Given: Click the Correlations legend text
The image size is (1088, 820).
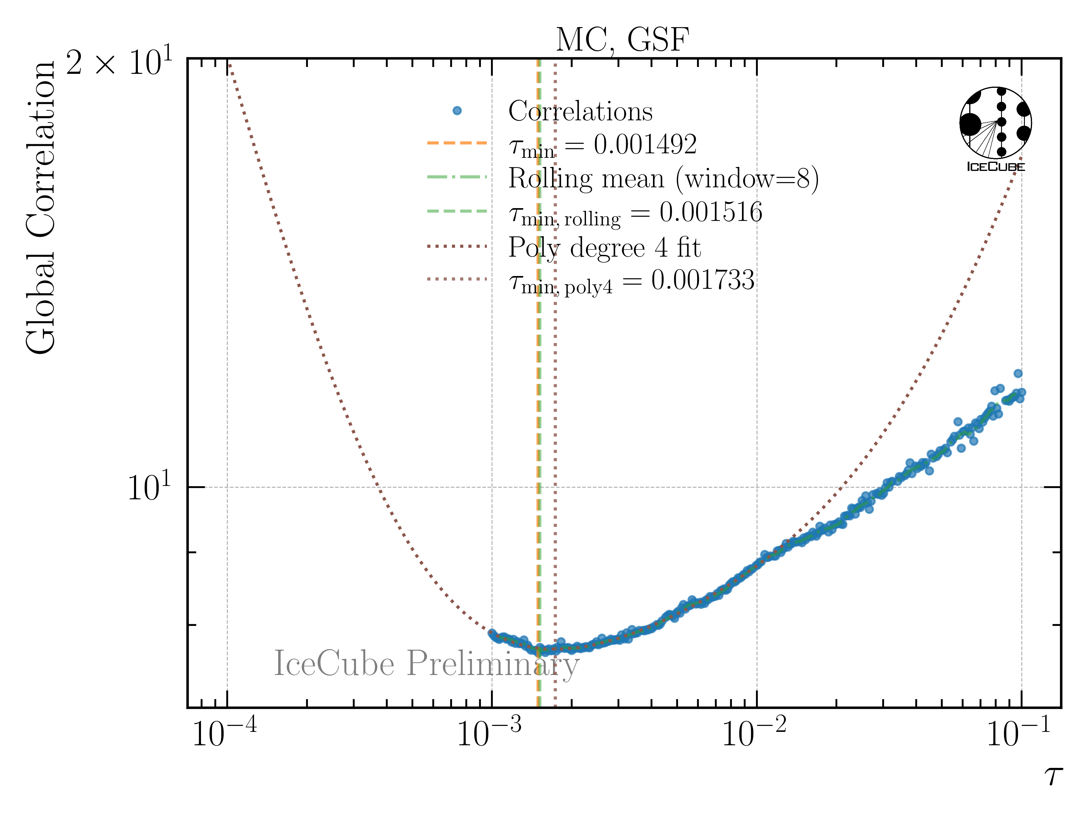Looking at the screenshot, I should coord(580,111).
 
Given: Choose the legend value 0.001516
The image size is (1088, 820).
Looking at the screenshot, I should coord(711,213).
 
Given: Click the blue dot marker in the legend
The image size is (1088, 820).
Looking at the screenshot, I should coord(457,111).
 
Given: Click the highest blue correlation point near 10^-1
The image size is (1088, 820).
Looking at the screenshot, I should coord(1018,373).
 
